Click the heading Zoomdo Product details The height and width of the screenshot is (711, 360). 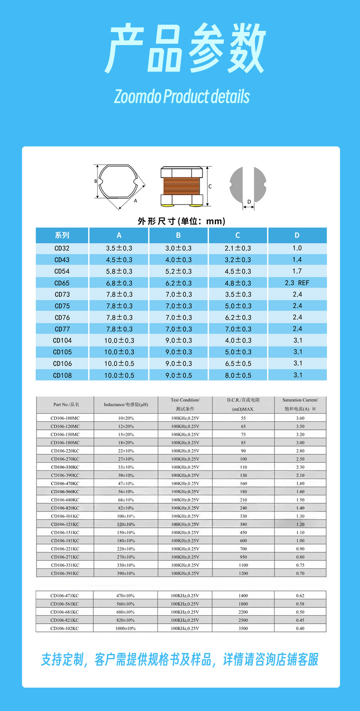tap(182, 97)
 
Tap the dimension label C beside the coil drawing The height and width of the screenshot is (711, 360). tap(210, 186)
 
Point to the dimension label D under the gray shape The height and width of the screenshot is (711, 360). tap(249, 202)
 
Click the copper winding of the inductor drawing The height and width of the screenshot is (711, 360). tap(181, 186)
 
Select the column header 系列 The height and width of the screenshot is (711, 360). tap(62, 235)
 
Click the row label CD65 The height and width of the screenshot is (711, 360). tap(62, 283)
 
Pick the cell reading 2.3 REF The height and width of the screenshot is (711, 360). tap(297, 283)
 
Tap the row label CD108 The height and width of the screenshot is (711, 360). tap(62, 375)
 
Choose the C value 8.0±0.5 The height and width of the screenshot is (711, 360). tap(238, 375)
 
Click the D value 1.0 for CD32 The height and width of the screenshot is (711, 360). tap(297, 248)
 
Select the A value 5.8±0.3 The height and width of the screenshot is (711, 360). tap(119, 271)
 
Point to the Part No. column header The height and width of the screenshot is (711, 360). tap(66, 405)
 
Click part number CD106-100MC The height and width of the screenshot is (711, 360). tap(65, 418)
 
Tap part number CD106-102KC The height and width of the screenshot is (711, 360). tap(65, 628)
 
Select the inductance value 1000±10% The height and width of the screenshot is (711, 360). tap(126, 628)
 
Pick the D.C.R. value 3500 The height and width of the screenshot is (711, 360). tap(243, 628)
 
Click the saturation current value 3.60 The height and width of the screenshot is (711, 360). tap(300, 418)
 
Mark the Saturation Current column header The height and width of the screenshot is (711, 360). tap(300, 404)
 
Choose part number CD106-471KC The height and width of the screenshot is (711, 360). tap(65, 596)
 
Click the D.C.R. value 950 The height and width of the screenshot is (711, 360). tap(243, 557)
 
